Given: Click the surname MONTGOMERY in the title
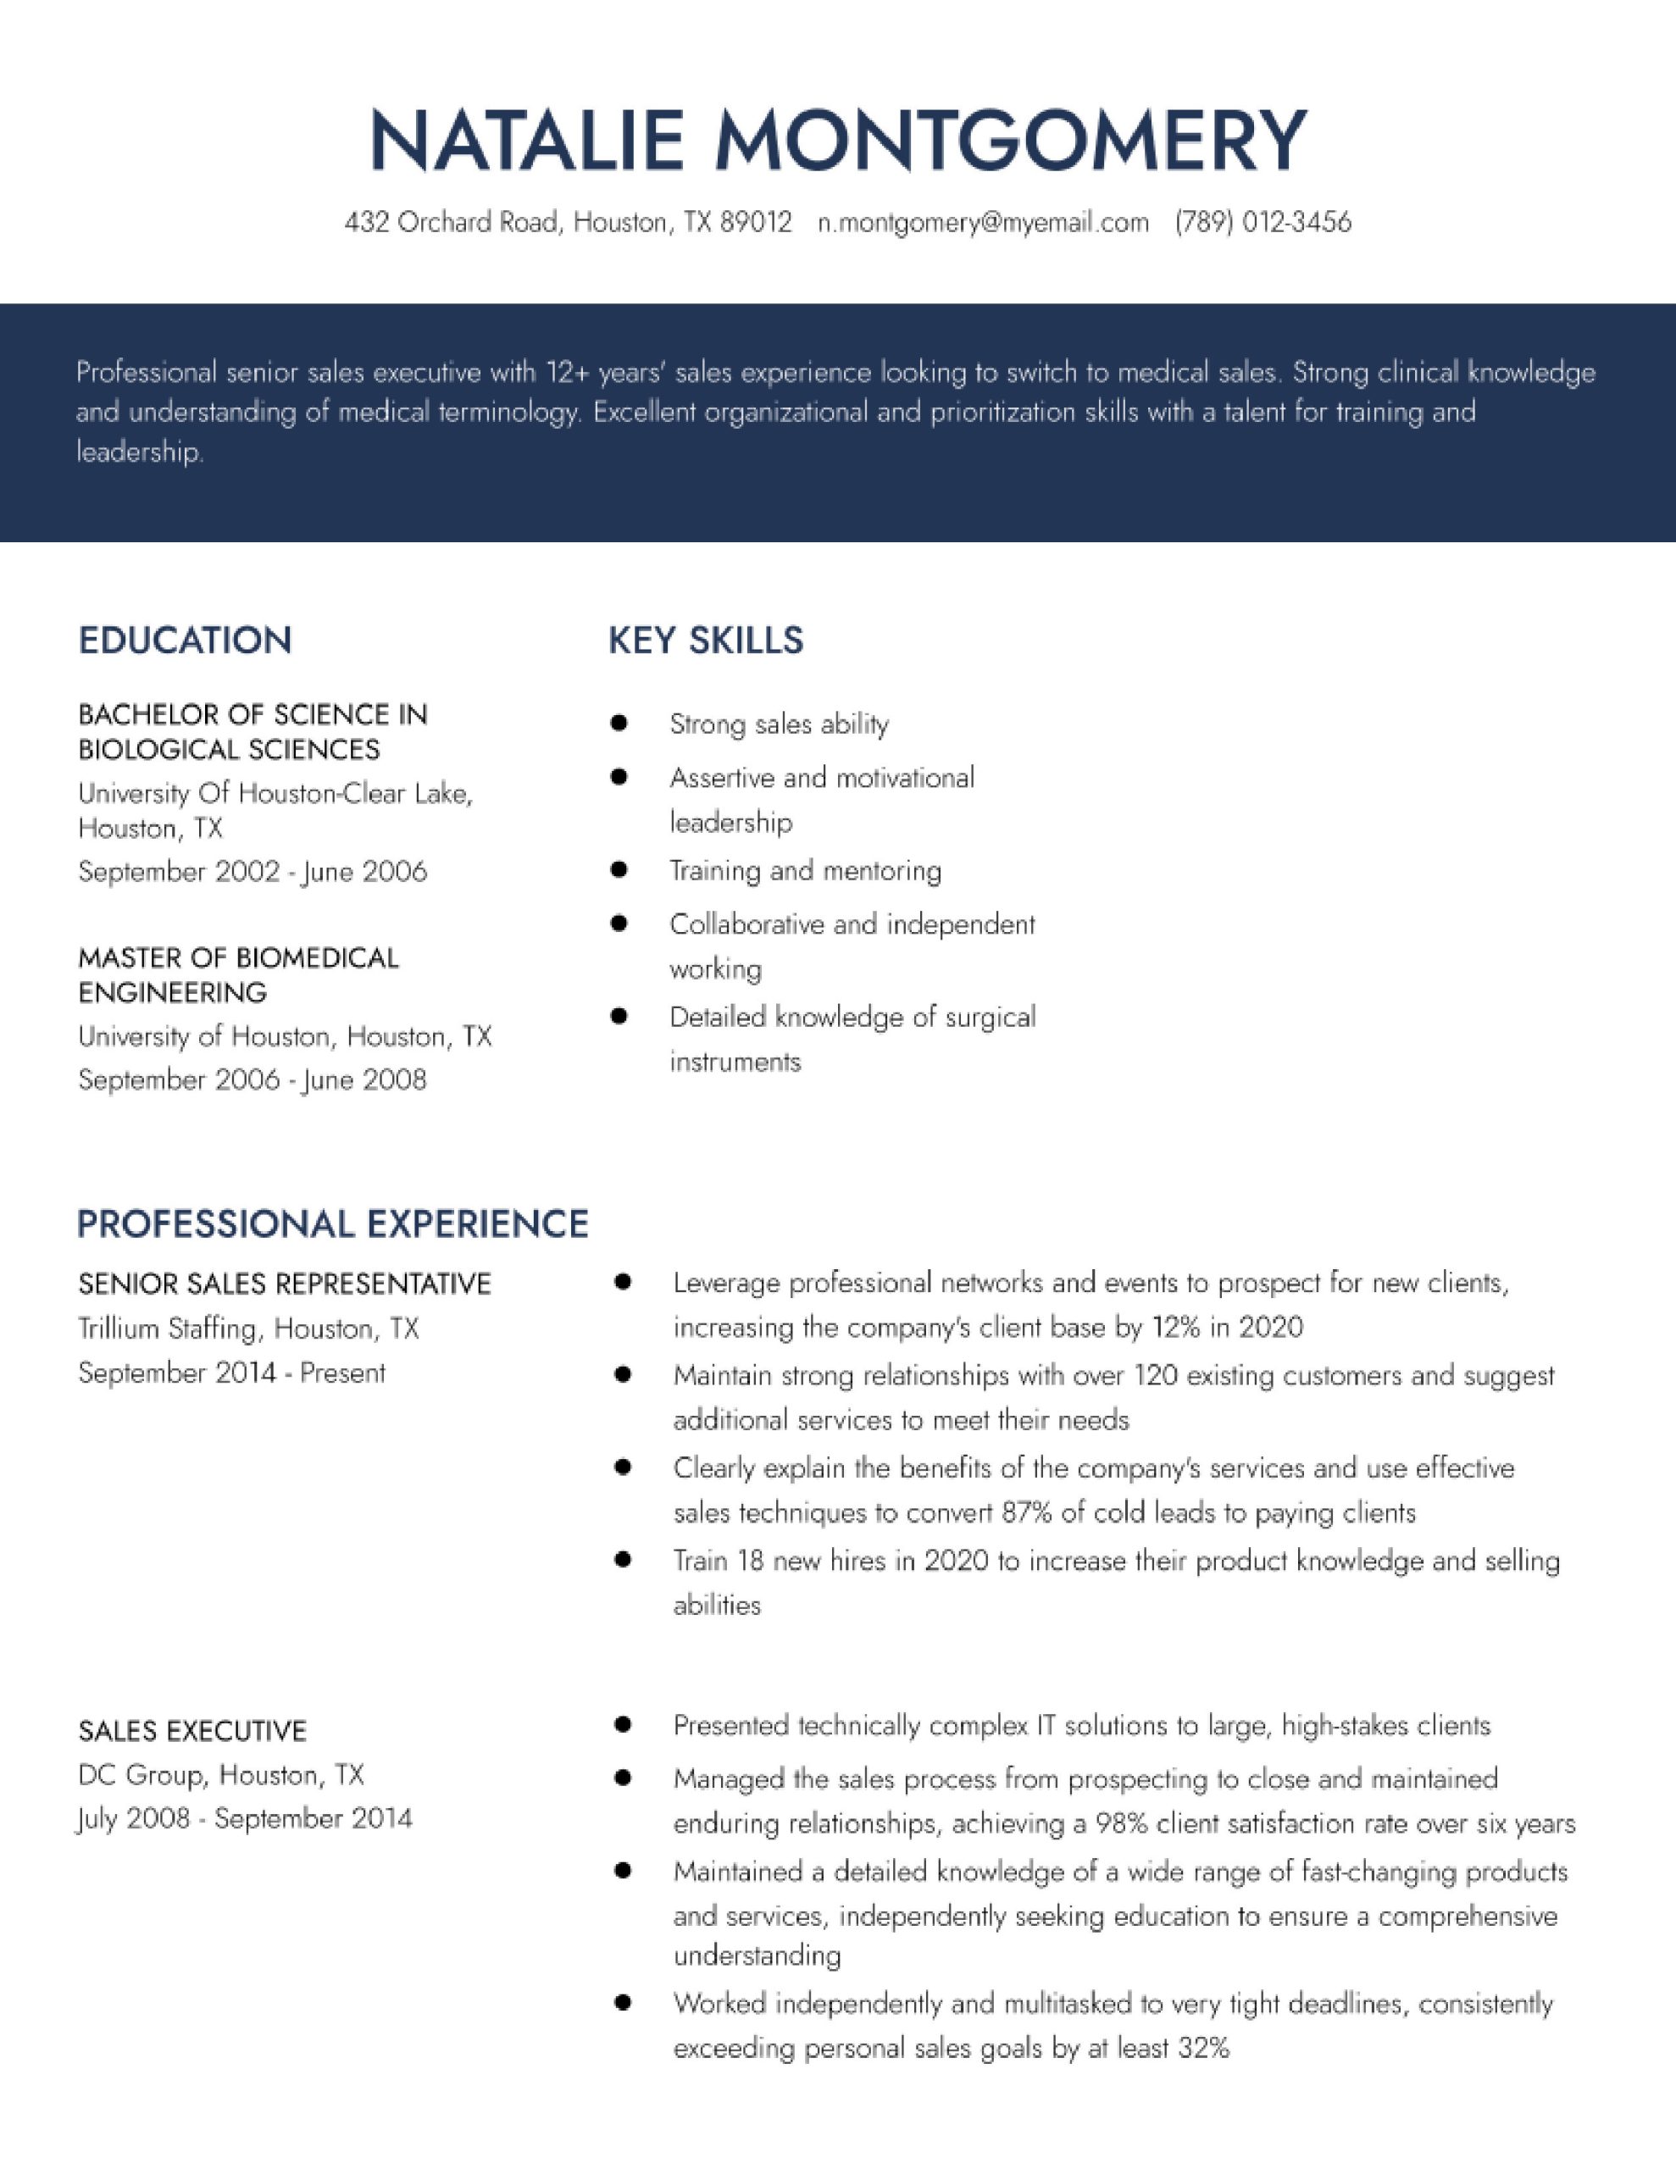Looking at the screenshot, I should [1010, 141].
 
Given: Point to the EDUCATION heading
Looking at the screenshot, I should [185, 641].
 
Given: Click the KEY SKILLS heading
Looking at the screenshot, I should [705, 641].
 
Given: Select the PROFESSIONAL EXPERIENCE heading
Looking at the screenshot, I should [333, 1223].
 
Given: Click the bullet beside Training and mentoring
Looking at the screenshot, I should [619, 871].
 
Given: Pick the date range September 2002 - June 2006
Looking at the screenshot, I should [253, 872].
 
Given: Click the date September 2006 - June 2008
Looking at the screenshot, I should [253, 1079].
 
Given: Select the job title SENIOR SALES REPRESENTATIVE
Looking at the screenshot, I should [284, 1284].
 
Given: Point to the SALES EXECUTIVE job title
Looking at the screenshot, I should [191, 1731].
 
